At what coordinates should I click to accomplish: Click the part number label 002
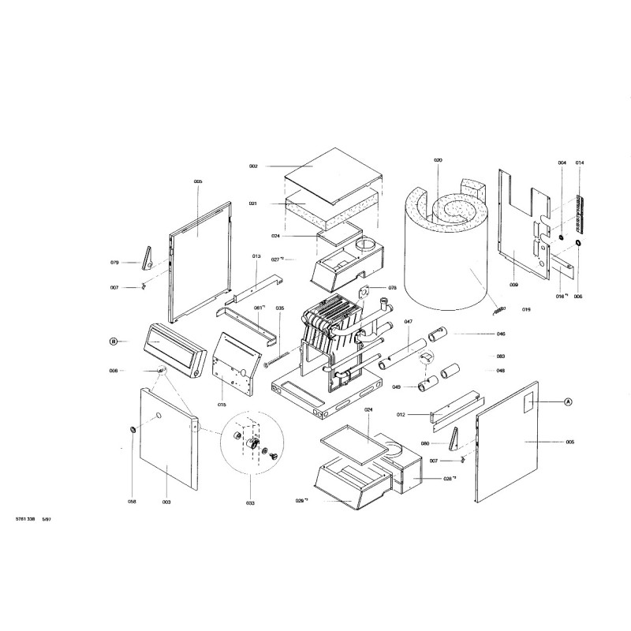coord(253,166)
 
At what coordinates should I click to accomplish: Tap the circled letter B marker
coord(114,342)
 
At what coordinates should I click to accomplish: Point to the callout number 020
coord(438,160)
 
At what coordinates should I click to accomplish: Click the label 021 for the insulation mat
coord(253,203)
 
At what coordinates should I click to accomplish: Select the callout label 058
coord(133,501)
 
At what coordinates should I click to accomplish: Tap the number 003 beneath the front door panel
coord(166,502)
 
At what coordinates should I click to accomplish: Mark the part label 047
coord(409,322)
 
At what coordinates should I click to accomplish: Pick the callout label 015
coord(222,404)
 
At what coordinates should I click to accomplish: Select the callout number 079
coord(114,262)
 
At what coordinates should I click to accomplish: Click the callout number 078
coord(391,288)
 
